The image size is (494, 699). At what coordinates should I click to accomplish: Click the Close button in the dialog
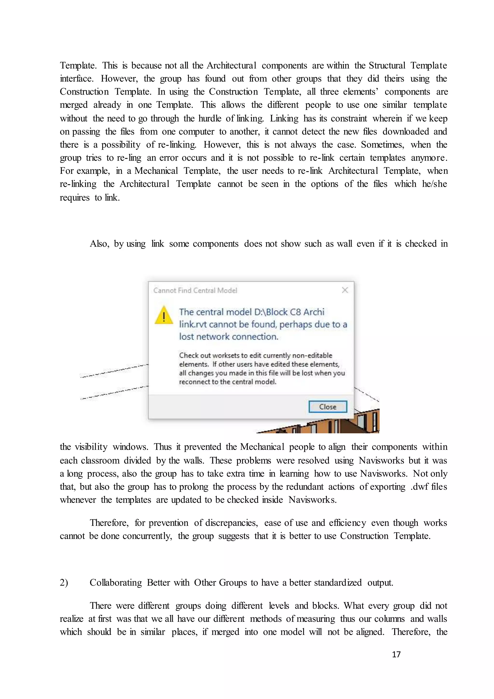328,407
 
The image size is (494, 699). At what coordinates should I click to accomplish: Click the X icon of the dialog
345,290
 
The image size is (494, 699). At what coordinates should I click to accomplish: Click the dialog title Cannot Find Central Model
195,290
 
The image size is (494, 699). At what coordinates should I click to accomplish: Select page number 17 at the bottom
396,654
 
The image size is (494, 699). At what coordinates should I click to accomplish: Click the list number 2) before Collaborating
64,582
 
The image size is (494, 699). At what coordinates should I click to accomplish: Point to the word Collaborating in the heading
116,582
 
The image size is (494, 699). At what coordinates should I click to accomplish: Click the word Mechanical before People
262,447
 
